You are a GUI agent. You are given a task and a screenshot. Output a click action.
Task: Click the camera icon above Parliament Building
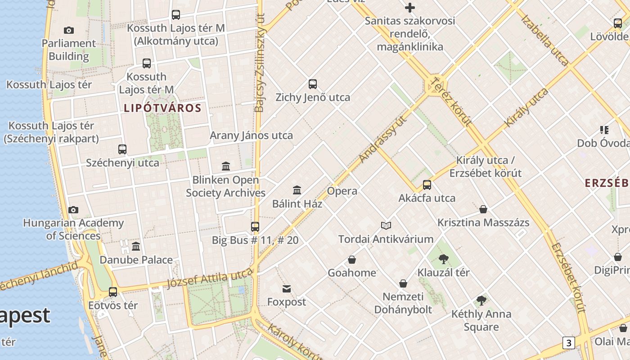[x=69, y=30]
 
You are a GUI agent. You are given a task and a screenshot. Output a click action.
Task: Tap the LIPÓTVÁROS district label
[x=162, y=108]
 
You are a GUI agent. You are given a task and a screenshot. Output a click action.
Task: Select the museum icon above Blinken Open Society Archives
[x=226, y=166]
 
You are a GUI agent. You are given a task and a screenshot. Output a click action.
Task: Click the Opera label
[x=342, y=191]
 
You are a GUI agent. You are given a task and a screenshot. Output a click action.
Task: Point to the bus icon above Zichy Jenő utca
[x=313, y=84]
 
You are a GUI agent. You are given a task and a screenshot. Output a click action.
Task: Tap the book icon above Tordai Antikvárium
[x=386, y=225]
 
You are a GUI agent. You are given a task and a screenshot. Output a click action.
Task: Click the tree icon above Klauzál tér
[x=444, y=259]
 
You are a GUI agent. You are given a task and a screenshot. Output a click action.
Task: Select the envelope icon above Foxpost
[x=287, y=288]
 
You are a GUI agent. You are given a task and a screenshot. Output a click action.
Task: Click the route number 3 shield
[x=568, y=343]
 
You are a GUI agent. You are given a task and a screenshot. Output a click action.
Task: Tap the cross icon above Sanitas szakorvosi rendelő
[x=410, y=8]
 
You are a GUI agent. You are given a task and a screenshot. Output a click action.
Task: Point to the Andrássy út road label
[x=383, y=139]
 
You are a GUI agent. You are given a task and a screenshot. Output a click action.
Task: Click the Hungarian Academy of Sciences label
[x=73, y=229]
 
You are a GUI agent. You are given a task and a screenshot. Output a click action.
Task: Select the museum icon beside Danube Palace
[x=136, y=246]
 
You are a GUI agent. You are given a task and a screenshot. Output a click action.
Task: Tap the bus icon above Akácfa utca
[x=427, y=184]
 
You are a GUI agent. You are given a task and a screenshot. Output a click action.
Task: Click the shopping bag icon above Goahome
[x=352, y=260]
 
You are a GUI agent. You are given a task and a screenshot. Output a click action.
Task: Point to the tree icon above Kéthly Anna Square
[x=481, y=300]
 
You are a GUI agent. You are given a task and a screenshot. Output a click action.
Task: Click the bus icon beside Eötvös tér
[x=113, y=292]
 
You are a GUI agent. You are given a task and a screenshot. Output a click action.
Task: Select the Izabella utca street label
[x=545, y=40]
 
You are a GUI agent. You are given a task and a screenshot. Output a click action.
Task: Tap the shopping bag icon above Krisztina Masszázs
[x=483, y=209]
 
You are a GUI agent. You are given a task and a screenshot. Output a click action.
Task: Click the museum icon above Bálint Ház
[x=297, y=190]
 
